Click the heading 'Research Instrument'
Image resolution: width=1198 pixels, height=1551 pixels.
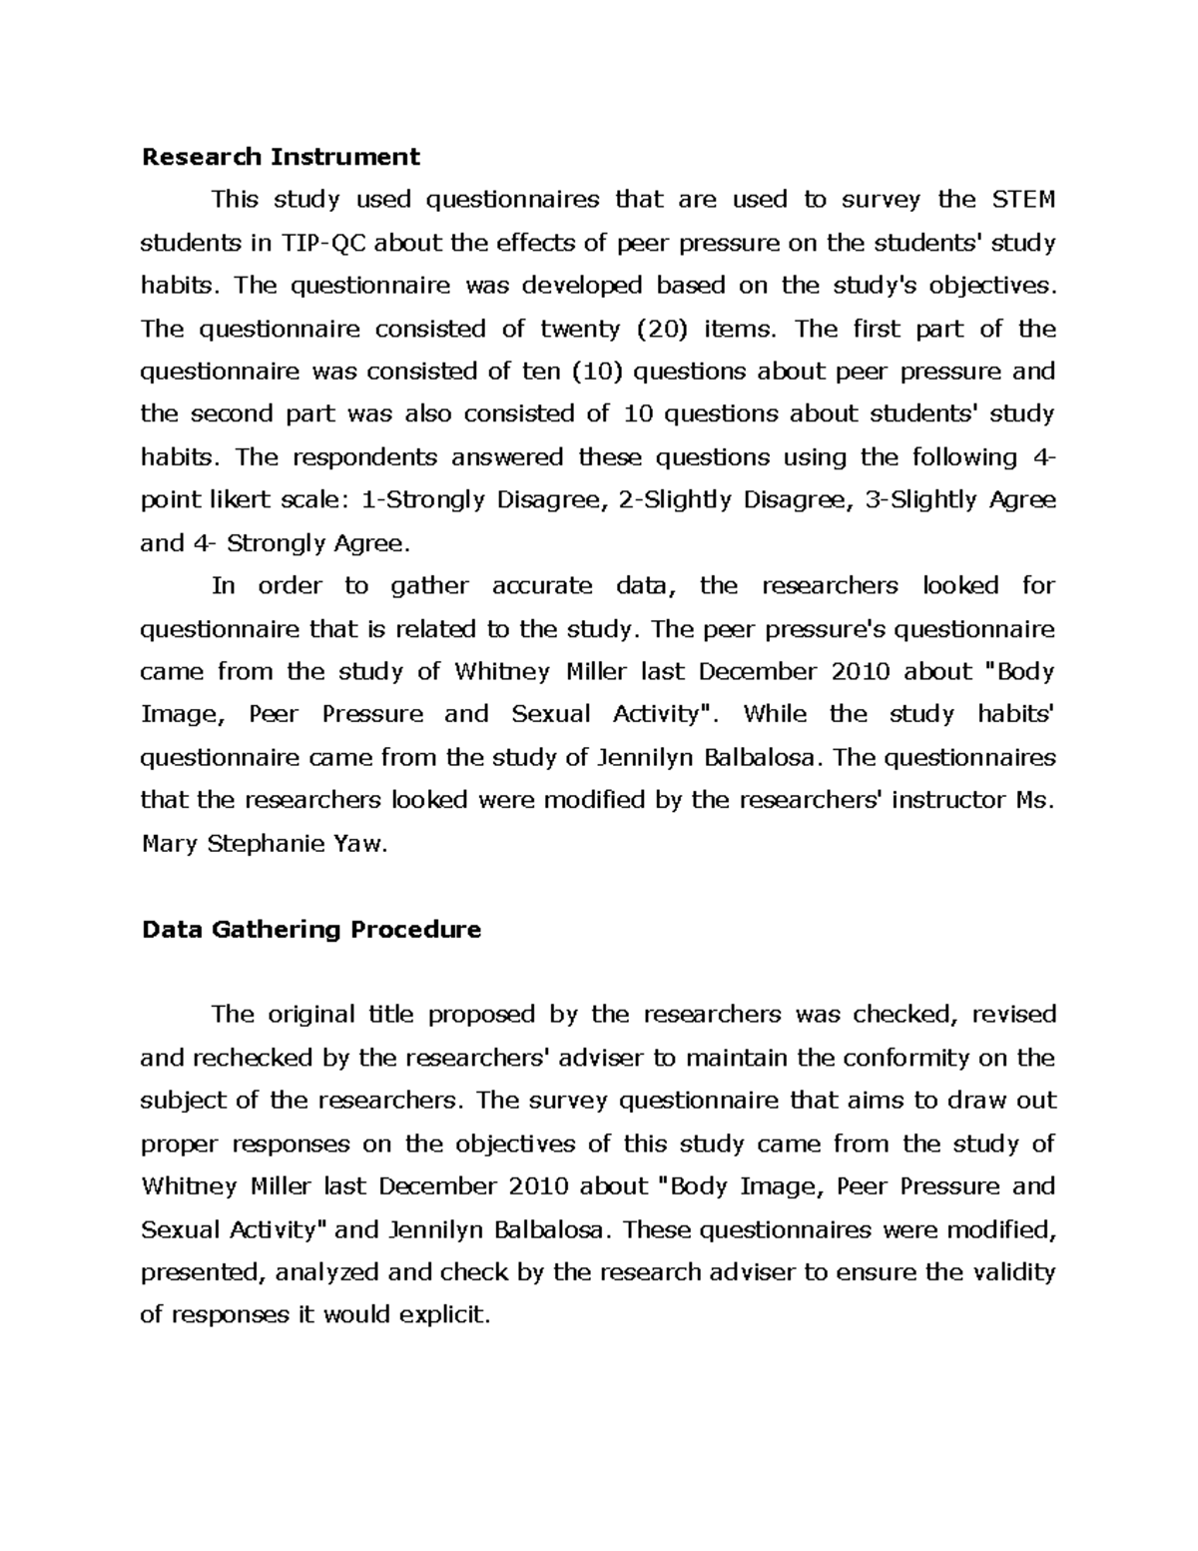tap(281, 157)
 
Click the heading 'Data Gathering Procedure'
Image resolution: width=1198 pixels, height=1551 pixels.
tap(311, 930)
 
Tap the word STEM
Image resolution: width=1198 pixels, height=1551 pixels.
tap(1022, 200)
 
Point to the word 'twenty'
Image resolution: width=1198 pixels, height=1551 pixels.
tap(580, 329)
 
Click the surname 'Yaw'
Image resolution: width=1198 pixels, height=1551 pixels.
tap(359, 844)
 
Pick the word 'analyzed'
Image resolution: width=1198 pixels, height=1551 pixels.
tap(325, 1272)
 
